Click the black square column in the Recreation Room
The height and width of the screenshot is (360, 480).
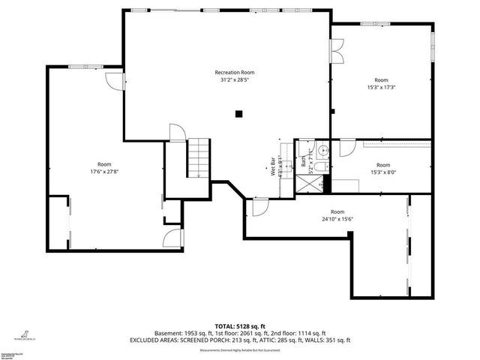pos(238,114)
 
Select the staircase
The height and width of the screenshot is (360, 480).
pos(198,158)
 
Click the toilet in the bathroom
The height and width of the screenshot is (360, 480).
pos(321,167)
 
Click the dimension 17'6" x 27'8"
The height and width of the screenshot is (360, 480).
pos(104,171)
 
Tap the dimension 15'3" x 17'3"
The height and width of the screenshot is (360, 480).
pos(382,87)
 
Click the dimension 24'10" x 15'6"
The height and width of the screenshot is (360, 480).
pos(337,219)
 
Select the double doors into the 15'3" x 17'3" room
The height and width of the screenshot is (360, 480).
pos(337,50)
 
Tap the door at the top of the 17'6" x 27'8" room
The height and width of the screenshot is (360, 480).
pos(112,79)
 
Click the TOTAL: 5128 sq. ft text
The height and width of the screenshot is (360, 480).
pos(240,326)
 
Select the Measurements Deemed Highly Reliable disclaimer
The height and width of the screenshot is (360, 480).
pos(240,350)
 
